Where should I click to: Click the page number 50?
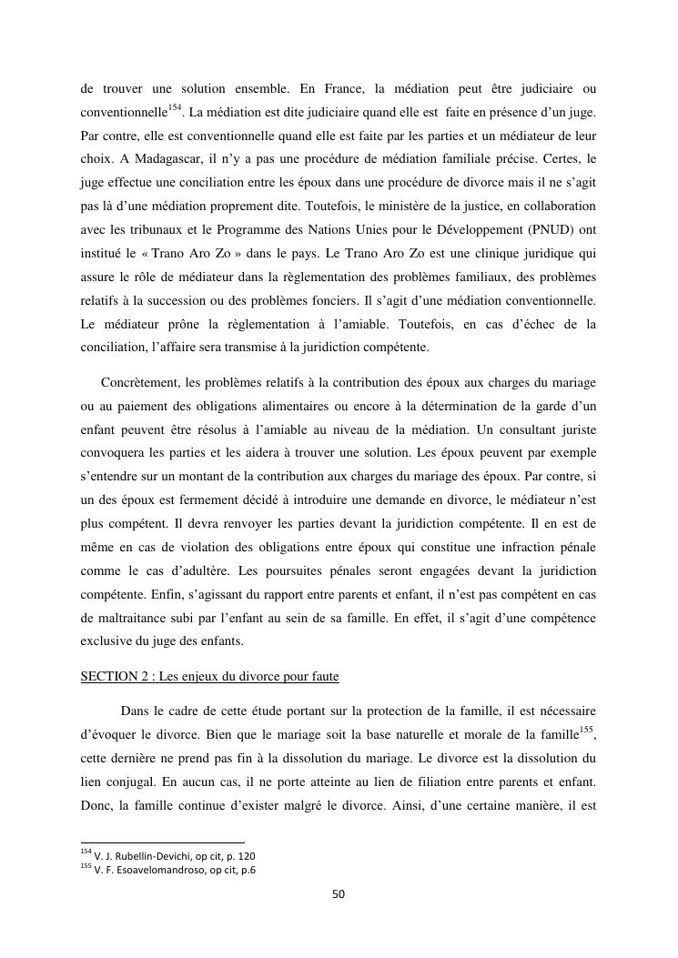tap(339, 894)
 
